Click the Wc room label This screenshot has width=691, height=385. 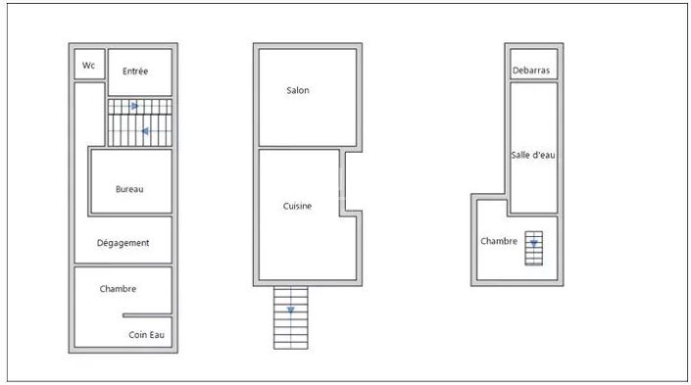(88, 66)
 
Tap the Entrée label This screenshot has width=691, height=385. (135, 71)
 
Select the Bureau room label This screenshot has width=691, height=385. (129, 189)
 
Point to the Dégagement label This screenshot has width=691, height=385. (123, 243)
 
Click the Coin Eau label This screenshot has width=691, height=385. (146, 335)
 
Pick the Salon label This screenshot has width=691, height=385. (298, 90)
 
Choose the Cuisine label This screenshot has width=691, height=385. (297, 206)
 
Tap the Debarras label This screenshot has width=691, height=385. (531, 70)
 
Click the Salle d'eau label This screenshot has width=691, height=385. (533, 155)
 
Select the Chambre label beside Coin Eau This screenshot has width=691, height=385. (118, 289)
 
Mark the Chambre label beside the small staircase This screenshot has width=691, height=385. (499, 241)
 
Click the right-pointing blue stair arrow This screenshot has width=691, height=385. (135, 106)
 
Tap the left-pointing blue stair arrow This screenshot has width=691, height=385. (144, 131)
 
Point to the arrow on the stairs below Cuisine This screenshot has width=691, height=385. (291, 311)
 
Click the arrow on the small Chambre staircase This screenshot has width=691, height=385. (533, 243)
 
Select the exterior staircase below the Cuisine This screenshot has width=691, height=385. (291, 317)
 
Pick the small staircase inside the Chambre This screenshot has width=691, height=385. (533, 249)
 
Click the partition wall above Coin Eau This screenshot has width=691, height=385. (147, 315)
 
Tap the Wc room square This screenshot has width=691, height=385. (89, 65)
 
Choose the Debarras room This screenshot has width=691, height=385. (533, 64)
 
